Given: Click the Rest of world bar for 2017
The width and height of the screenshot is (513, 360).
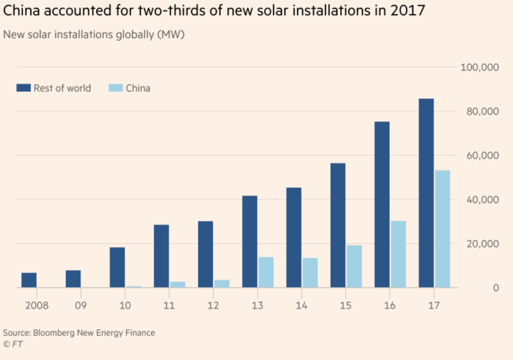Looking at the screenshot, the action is [426, 193].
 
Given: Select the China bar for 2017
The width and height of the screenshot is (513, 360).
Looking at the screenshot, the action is [442, 229].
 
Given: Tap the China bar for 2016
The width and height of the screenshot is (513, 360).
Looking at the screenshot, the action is [398, 254].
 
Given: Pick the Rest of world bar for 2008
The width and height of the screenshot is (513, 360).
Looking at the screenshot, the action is [29, 280].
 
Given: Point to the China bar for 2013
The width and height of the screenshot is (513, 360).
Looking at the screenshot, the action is [266, 272].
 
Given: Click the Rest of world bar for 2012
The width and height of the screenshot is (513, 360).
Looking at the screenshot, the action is [205, 254].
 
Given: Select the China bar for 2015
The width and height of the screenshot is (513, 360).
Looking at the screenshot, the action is [354, 266].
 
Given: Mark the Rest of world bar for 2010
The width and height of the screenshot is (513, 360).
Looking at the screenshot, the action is [117, 267].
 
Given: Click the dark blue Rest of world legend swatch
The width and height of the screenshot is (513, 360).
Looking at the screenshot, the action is [24, 88].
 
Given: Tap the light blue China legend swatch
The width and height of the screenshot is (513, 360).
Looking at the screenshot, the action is [116, 88].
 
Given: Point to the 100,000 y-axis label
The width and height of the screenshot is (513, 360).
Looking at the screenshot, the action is [480, 67].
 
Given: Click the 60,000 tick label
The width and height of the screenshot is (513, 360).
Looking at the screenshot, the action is [483, 156].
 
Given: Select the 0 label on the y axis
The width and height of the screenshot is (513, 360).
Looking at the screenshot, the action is [496, 288].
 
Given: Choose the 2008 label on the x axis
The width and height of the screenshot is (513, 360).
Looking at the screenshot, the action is [37, 306].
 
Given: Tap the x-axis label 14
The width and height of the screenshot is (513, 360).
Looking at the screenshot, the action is [301, 306].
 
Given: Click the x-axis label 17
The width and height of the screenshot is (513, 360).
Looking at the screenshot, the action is [434, 306].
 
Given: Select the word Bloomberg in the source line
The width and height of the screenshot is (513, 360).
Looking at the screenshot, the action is [54, 333].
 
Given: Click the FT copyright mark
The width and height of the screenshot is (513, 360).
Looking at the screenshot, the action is [13, 344].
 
